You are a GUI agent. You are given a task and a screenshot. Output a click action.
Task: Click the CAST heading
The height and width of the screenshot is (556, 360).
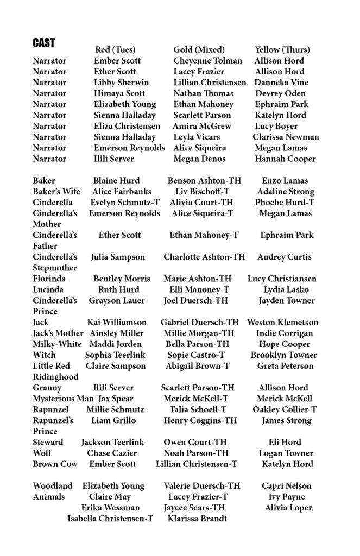tap(43, 42)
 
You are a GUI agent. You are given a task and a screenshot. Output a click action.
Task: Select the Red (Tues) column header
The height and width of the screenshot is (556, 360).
tap(115, 50)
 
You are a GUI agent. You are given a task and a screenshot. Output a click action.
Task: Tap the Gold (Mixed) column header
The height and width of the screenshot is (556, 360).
tap(199, 50)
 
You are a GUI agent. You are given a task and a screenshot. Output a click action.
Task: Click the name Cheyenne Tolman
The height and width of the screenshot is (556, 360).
tap(207, 61)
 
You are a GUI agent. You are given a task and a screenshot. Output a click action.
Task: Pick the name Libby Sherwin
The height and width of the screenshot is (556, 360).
tap(121, 83)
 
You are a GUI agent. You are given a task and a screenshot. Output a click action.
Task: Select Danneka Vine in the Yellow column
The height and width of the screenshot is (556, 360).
tap(281, 83)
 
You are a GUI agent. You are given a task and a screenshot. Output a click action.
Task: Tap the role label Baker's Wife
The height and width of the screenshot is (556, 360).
tap(56, 192)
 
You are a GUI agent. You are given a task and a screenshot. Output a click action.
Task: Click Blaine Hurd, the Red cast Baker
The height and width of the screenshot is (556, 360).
tap(116, 181)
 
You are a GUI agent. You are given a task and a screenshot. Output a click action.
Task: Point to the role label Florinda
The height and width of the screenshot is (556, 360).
tap(48, 279)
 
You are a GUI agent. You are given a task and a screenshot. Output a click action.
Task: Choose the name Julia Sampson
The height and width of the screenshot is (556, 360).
tap(118, 257)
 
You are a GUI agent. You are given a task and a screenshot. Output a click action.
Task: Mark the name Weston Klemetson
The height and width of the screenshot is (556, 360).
tap(282, 323)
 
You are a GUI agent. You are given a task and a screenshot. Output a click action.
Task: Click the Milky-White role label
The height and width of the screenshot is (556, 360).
tap(57, 344)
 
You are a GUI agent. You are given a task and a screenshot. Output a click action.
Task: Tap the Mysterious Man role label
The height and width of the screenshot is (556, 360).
tap(62, 399)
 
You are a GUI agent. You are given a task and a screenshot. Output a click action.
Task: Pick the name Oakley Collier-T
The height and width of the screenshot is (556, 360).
tap(285, 409)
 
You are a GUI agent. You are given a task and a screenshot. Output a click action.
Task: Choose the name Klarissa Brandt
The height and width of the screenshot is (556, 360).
tap(196, 519)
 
